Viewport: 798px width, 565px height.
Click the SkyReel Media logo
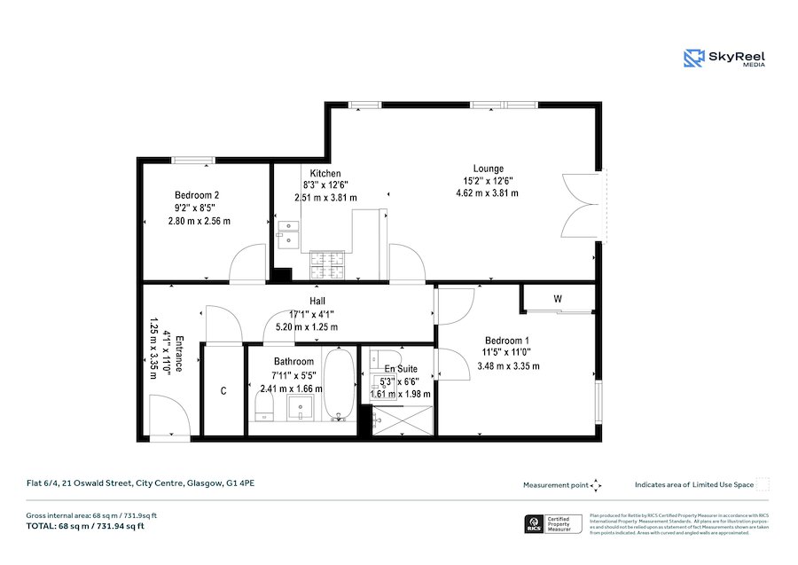coord(724,59)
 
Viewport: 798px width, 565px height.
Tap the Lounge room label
coord(488,169)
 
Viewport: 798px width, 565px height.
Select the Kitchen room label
coord(325,173)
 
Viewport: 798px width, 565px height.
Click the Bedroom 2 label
coord(197,195)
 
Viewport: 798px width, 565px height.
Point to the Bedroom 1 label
coord(507,341)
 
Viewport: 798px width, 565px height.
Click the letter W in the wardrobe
coord(558,299)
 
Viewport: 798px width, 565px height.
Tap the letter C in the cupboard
coord(223,391)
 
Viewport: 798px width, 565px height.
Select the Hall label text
coord(317,302)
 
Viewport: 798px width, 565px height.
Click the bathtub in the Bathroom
coord(339,387)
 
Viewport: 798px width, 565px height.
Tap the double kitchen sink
coord(288,232)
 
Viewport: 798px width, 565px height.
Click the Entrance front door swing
coord(167,417)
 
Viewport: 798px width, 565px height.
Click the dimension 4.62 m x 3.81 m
coord(487,192)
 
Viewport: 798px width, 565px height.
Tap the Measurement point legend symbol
coord(596,485)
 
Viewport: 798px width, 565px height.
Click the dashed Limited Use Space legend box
coord(763,484)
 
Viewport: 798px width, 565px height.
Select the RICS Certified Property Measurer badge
coord(553,523)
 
